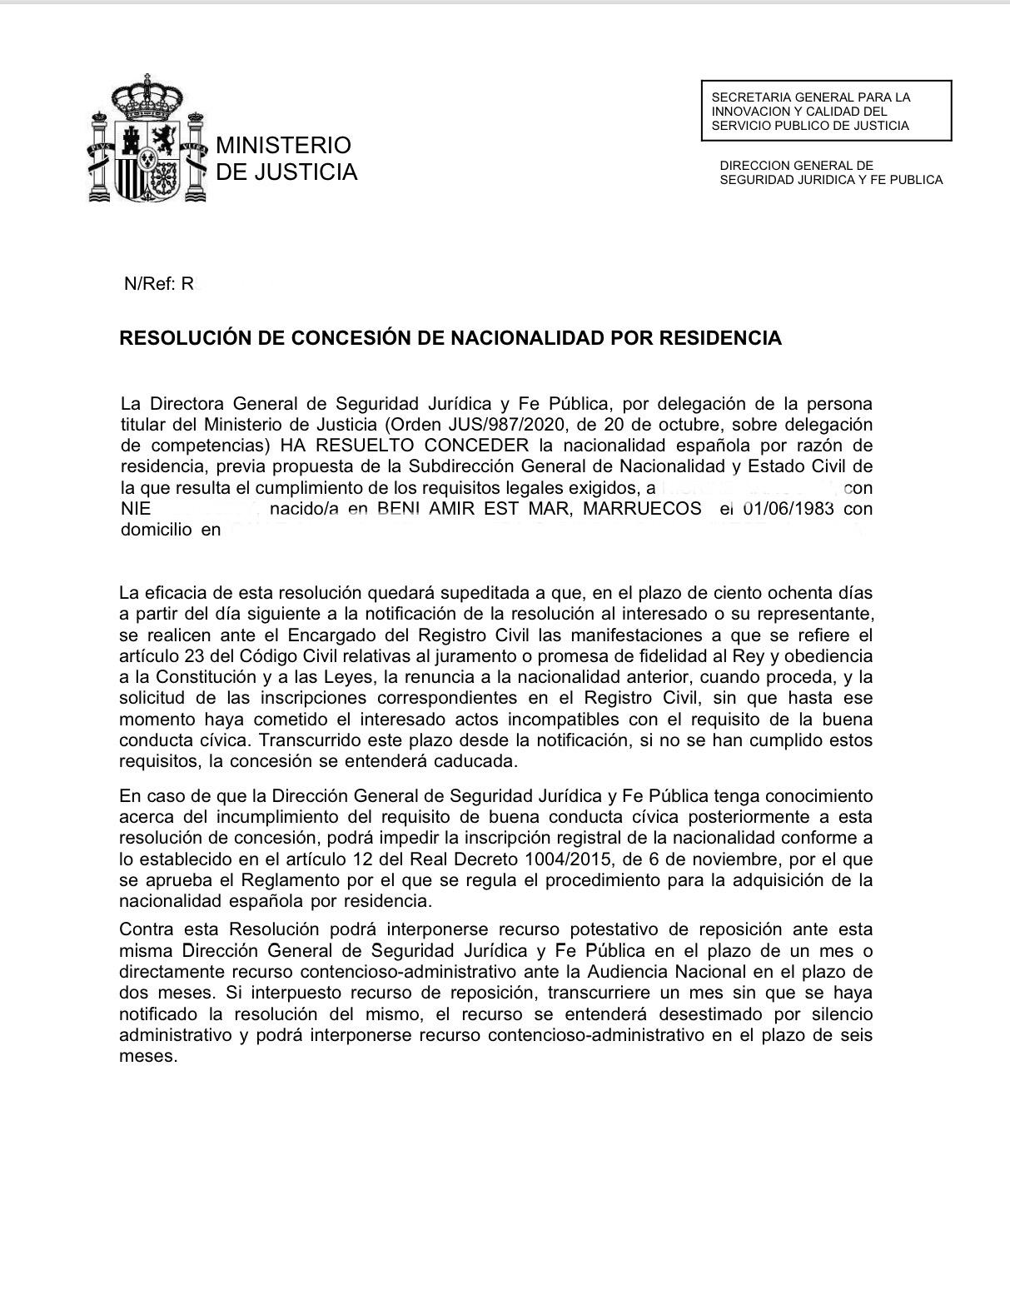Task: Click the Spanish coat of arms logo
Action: pyautogui.click(x=147, y=139)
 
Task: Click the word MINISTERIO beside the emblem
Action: pyautogui.click(x=283, y=145)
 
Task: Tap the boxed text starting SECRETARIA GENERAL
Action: pyautogui.click(x=825, y=111)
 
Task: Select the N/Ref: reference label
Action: pyautogui.click(x=149, y=284)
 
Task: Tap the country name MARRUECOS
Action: pyautogui.click(x=642, y=509)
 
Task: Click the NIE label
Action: pyautogui.click(x=136, y=509)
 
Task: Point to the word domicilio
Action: pyautogui.click(x=156, y=530)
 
